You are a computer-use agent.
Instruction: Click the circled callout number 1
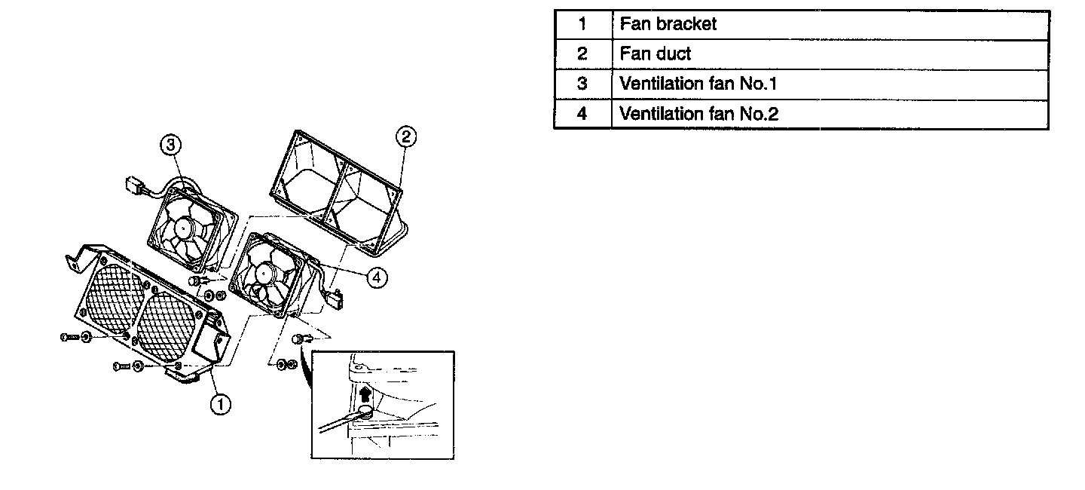pos(219,406)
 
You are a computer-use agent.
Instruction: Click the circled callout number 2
pos(405,136)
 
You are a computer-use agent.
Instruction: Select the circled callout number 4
pos(377,277)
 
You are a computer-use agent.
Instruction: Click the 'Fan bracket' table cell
pos(830,24)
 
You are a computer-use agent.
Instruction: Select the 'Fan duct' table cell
pos(830,54)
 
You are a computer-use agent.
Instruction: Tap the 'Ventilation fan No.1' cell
pos(830,84)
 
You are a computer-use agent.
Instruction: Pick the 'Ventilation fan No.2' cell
pos(830,114)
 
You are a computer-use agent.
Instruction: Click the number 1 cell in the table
pos(582,24)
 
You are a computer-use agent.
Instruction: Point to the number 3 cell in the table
pos(582,84)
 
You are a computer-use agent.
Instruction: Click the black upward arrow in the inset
pos(366,394)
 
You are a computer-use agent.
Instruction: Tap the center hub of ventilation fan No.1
pos(183,225)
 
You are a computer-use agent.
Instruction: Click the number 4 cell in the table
pos(582,114)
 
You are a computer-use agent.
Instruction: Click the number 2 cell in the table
pos(582,54)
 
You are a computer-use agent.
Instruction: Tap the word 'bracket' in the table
pos(686,24)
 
